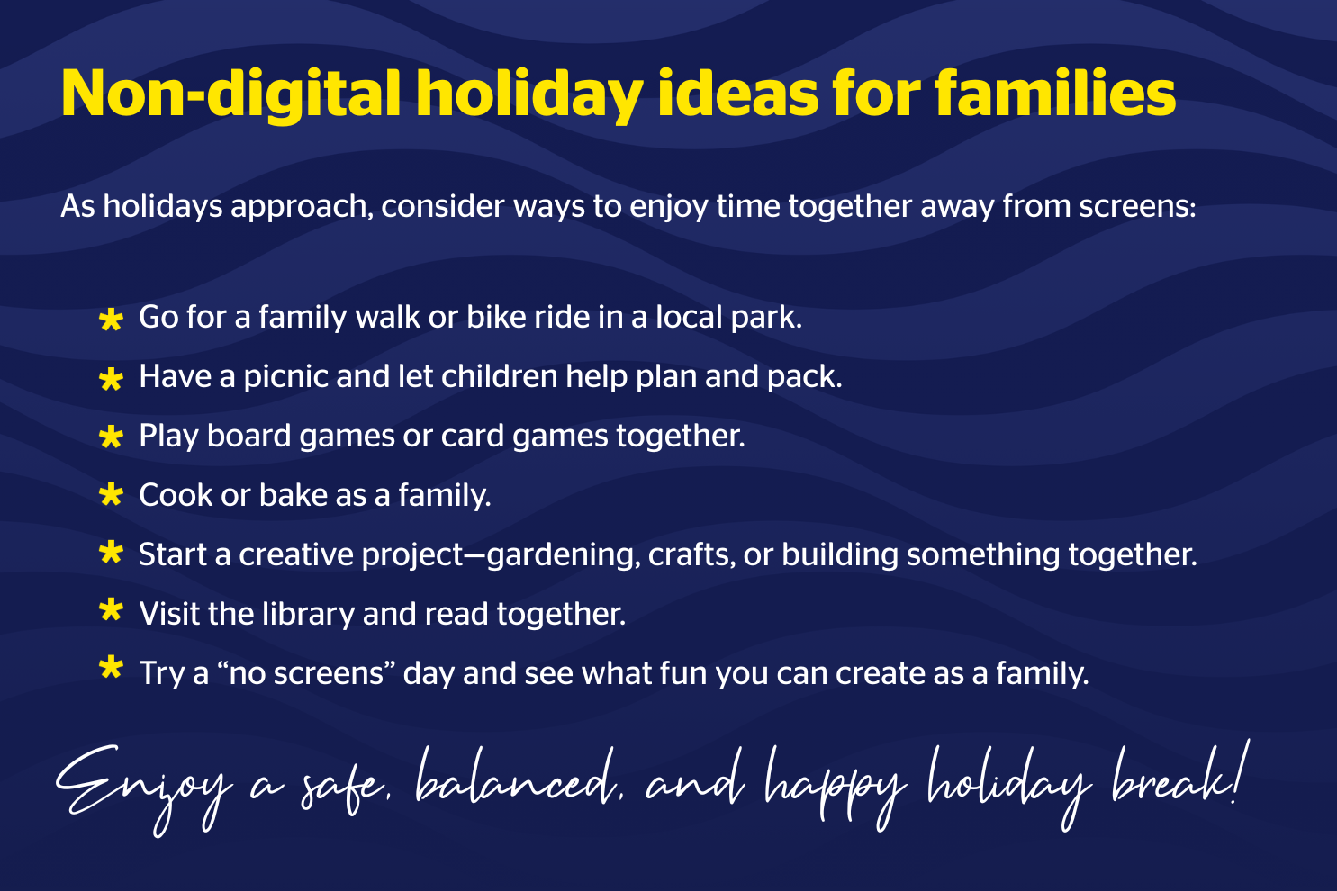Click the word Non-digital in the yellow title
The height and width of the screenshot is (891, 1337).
point(230,94)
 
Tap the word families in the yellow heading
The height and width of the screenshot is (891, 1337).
point(1055,93)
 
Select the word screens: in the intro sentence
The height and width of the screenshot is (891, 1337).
point(1138,206)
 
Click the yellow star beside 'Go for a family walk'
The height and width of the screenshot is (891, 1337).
point(111,319)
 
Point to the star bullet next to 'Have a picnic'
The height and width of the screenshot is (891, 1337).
point(111,379)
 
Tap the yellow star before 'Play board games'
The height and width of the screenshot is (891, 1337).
point(111,436)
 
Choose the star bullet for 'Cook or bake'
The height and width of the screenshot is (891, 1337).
point(111,495)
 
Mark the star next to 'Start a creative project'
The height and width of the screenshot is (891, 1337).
point(111,553)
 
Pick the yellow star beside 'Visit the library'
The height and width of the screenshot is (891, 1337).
point(111,610)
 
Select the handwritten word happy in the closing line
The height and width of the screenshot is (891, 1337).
point(836,787)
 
